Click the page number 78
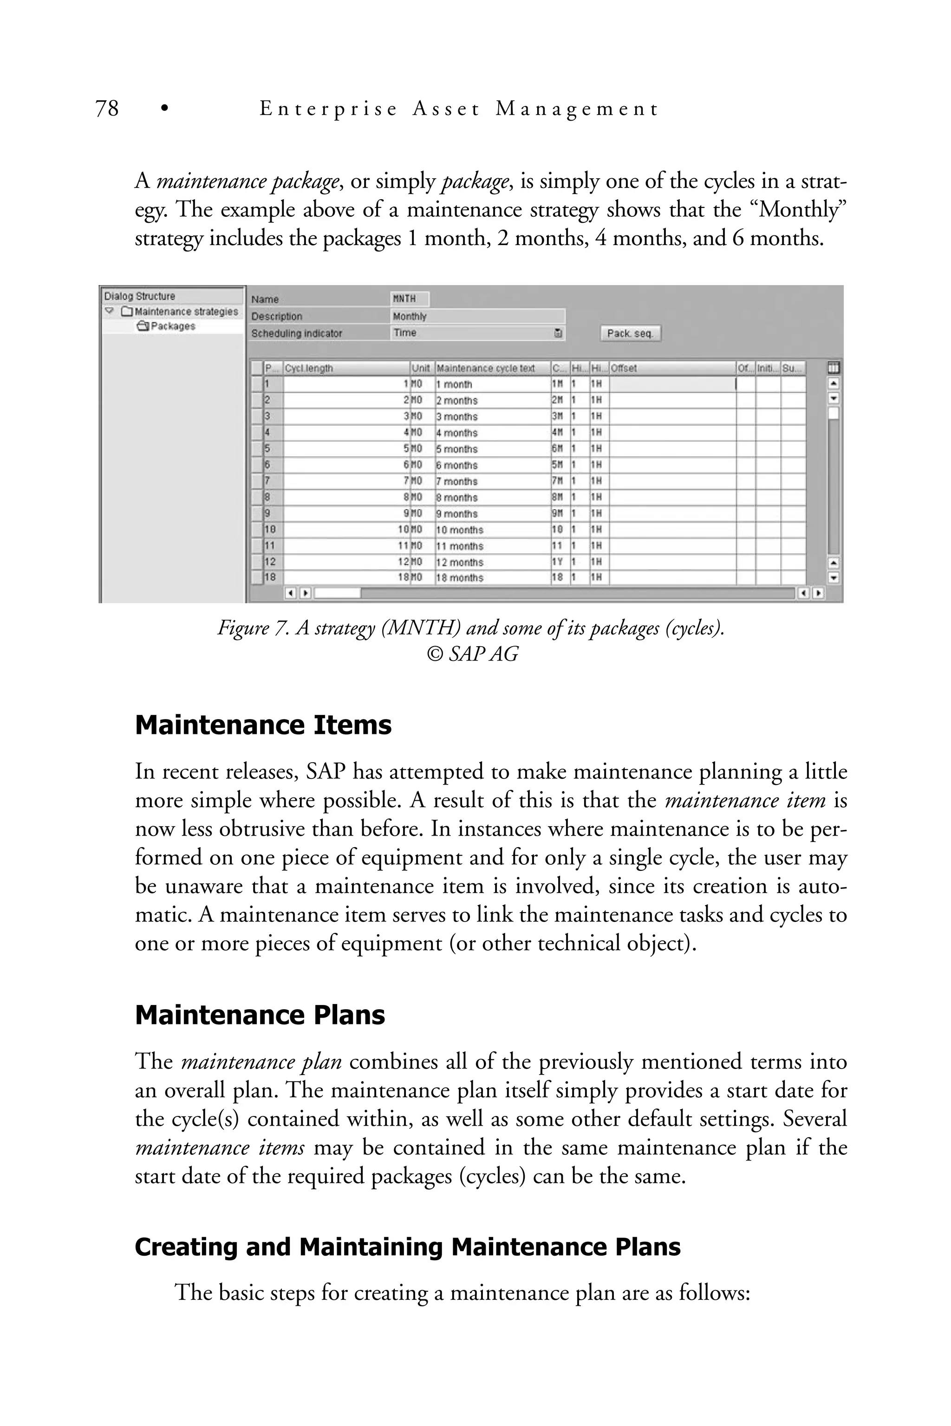[x=107, y=109]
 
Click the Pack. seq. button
[x=630, y=333]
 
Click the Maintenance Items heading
[x=263, y=725]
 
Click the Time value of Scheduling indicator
[x=404, y=333]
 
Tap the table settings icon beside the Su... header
[x=834, y=368]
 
